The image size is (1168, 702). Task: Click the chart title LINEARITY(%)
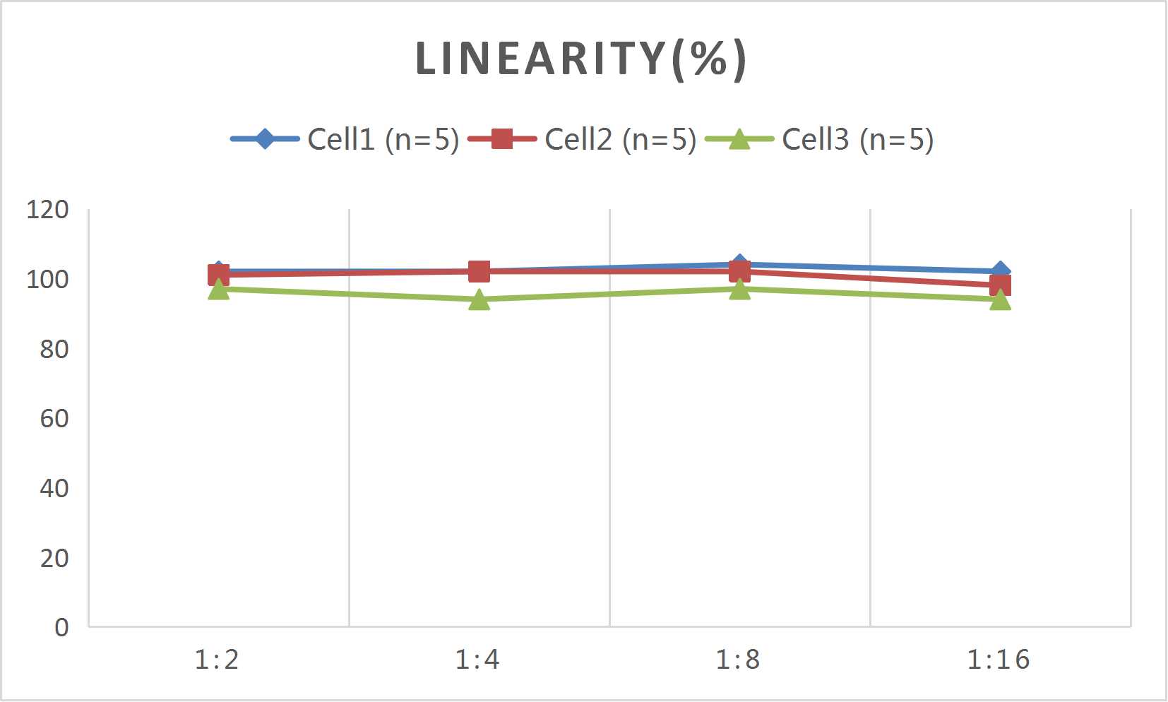point(580,59)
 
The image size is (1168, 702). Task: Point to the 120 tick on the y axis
point(47,210)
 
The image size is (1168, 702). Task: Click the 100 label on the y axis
point(47,280)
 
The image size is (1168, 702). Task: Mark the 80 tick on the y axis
point(54,349)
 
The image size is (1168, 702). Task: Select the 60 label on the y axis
point(54,419)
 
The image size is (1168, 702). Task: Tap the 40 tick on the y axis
point(54,488)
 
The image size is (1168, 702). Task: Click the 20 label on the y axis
point(54,558)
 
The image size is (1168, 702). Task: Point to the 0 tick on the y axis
point(61,627)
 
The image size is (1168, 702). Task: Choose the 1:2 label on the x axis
point(217,660)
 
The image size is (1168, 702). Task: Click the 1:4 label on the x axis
point(477,660)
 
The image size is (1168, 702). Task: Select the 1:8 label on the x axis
point(738,660)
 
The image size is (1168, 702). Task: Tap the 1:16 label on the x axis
point(999,660)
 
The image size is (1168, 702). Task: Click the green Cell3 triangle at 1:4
point(479,300)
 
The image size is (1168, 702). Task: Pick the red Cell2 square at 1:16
point(1000,285)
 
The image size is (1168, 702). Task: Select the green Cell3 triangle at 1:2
point(219,290)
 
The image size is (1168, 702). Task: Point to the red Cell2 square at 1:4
point(479,271)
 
